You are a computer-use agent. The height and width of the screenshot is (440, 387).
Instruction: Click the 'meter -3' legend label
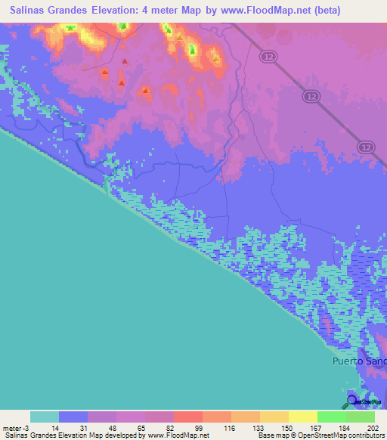[x=16, y=428]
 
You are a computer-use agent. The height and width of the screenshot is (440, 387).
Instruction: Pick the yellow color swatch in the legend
[x=302, y=417]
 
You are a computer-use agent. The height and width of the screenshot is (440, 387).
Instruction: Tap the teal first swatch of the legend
[x=45, y=417]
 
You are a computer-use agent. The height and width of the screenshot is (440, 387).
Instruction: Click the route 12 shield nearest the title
[x=268, y=57]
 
